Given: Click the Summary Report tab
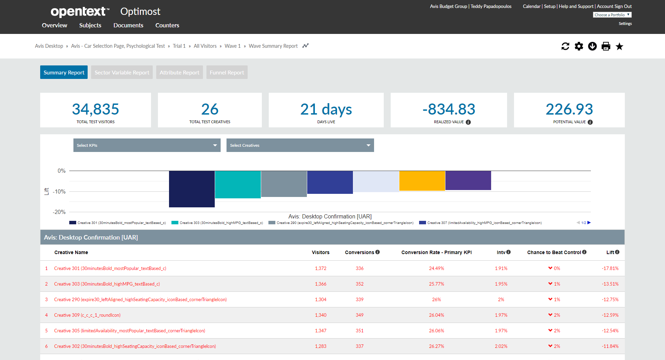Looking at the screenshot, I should (x=64, y=72).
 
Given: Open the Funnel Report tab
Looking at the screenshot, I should (x=227, y=72).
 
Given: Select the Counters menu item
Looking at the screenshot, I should (x=167, y=25).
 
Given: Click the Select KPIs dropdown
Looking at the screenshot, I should (x=147, y=145).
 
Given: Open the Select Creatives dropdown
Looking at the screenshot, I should (x=300, y=145).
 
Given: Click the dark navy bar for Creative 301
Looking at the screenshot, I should (x=192, y=189).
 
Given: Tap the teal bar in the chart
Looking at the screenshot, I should (x=238, y=184).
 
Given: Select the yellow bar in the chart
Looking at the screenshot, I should (x=422, y=181).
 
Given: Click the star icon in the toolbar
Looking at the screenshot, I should (x=619, y=46).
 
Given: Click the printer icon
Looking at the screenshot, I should (x=606, y=46).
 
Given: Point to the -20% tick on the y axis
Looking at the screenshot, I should (x=59, y=212).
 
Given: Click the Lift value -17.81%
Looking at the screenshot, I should (x=610, y=268).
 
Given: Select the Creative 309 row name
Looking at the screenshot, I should (x=87, y=315).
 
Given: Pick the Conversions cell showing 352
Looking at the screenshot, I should (x=360, y=284).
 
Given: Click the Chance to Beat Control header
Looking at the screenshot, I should (x=554, y=252).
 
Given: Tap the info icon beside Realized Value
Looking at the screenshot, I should (x=468, y=122).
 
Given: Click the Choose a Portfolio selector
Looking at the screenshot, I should (x=612, y=15).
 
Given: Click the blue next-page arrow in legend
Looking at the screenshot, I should (x=589, y=223).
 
